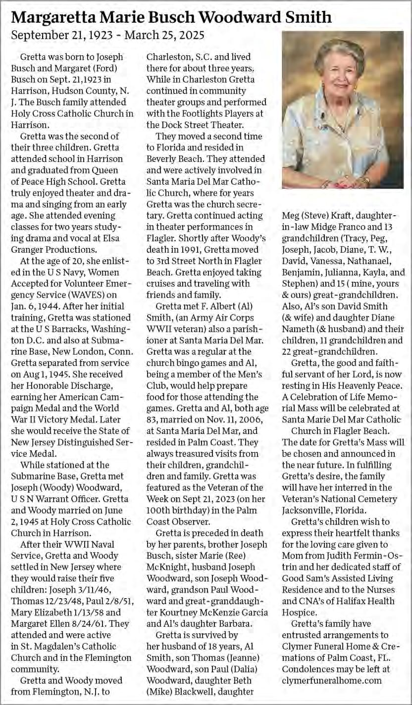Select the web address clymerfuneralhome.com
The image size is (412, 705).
click(x=332, y=680)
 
